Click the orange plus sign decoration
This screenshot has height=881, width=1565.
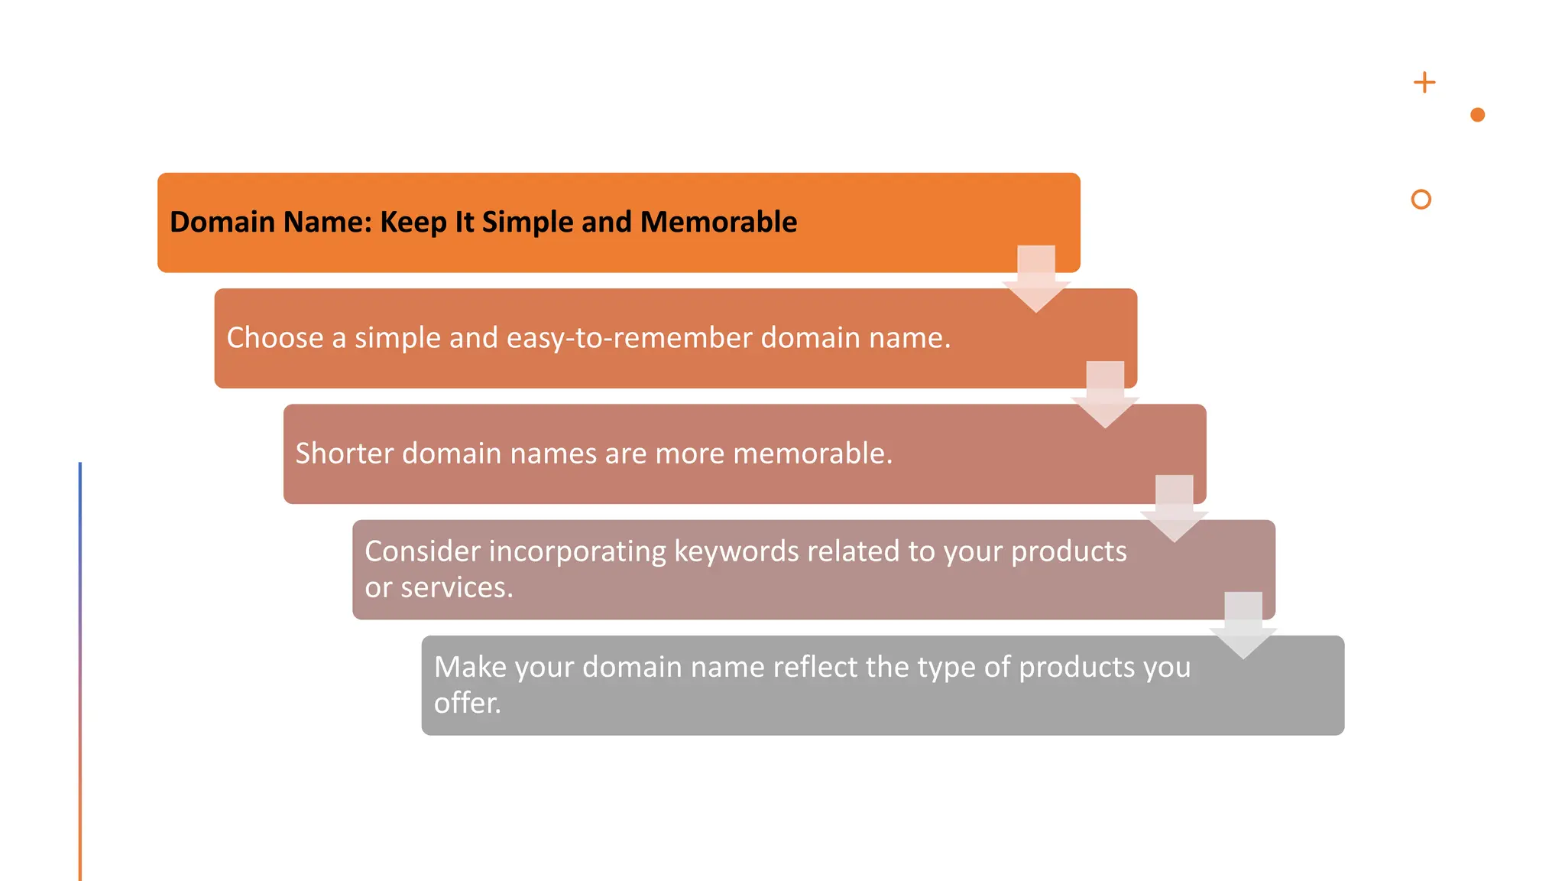(1424, 83)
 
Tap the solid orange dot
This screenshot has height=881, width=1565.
(1477, 115)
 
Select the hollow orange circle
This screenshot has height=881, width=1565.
(1421, 200)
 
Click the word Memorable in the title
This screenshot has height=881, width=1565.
(718, 222)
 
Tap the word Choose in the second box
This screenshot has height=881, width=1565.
(275, 338)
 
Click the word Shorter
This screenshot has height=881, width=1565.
(344, 454)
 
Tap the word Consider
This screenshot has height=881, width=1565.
(422, 551)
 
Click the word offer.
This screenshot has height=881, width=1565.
(467, 703)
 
